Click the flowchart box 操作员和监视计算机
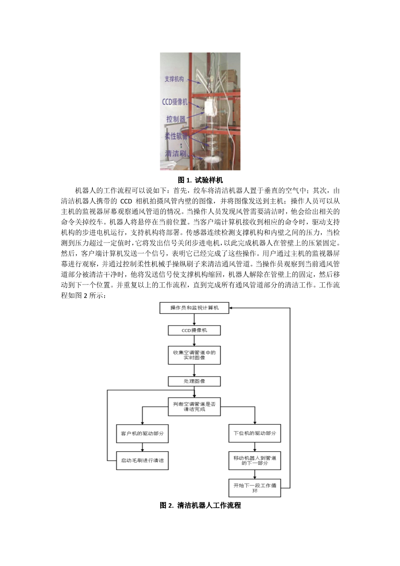coord(194,308)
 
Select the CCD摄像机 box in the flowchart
coord(194,330)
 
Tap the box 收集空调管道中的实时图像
coord(194,355)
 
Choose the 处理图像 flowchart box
coord(194,381)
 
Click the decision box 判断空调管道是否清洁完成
coord(194,406)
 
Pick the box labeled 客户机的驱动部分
coord(142,433)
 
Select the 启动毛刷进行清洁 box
coord(142,460)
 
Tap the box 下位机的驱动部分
coord(254,433)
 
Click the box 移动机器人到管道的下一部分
coord(254,460)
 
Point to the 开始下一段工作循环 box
coord(254,488)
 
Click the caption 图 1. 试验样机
coord(200,180)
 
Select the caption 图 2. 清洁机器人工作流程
coord(200,505)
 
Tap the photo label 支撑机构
coord(174,79)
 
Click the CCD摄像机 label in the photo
coord(175,102)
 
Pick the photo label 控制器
coord(176,119)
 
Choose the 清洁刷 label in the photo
coord(175,153)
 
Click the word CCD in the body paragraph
coord(126,201)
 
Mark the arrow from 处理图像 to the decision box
coord(194,392)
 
